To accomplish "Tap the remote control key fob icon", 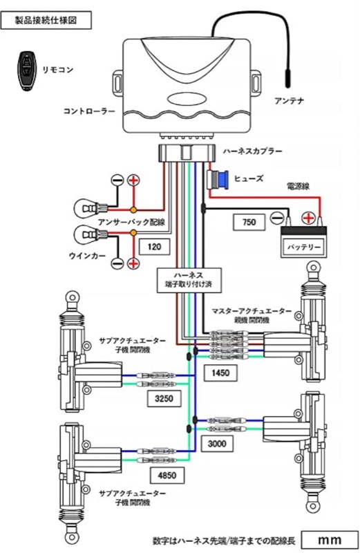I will coord(26,68).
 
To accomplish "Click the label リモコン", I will coord(57,69).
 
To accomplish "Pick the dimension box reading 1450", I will coord(221,373).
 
